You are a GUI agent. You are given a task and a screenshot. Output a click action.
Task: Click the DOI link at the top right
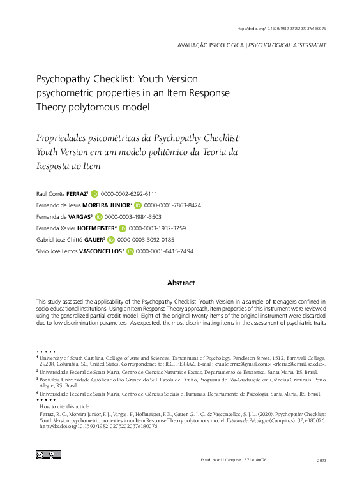[x=280, y=29]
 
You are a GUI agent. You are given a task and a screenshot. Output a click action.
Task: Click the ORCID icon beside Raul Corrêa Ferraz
[x=94, y=193]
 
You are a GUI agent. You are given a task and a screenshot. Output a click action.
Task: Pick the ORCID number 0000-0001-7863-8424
[x=172, y=205]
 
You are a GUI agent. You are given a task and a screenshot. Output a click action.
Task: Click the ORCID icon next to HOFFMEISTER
[x=122, y=228]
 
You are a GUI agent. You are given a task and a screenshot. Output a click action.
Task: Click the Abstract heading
[x=181, y=282]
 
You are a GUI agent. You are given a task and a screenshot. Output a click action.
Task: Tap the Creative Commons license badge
[x=48, y=455]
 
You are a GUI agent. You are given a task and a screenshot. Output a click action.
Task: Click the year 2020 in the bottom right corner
[x=321, y=460]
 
